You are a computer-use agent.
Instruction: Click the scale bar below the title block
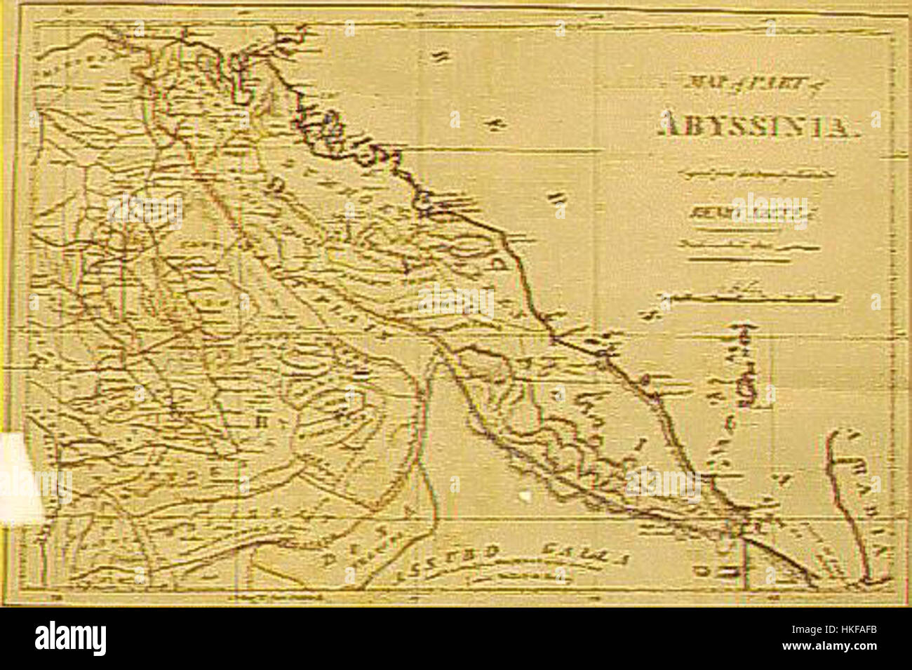point(751,297)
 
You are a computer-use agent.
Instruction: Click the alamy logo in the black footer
point(71,638)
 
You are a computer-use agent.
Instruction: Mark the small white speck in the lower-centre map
point(524,495)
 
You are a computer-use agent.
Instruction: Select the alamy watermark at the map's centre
point(456,302)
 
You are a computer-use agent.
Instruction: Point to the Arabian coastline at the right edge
point(835,491)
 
